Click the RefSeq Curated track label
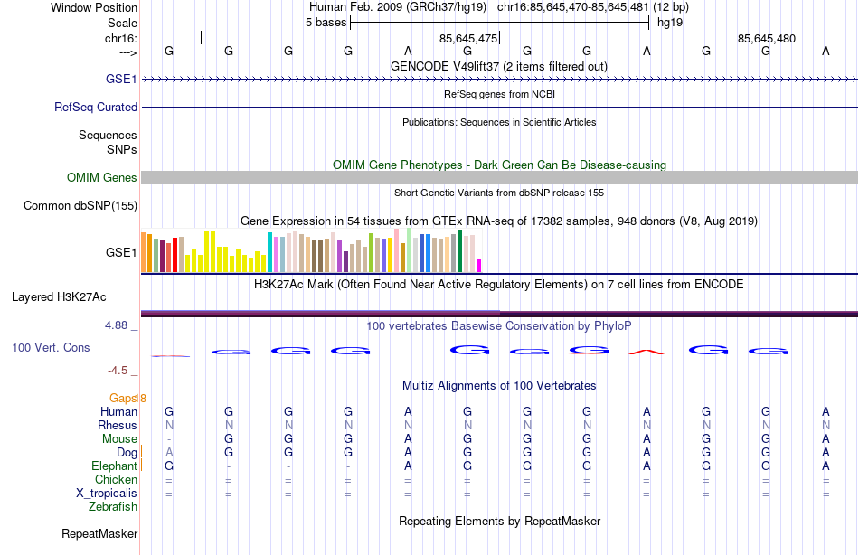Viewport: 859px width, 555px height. point(96,107)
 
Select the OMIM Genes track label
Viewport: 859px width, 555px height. point(101,178)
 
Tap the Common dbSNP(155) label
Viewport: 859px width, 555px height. point(80,206)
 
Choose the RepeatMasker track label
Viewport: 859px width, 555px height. point(99,534)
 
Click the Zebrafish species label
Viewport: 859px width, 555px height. point(113,507)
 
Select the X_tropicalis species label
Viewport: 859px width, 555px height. point(107,494)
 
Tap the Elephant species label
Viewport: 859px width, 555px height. point(115,466)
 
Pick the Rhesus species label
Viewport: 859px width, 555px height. point(118,426)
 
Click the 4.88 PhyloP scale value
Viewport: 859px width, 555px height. point(119,325)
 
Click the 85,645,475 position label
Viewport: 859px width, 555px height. point(468,38)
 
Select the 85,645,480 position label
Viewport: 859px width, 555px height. point(767,38)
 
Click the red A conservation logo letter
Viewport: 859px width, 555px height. point(647,351)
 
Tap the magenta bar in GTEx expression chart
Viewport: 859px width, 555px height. point(478,265)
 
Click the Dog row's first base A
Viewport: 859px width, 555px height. point(169,452)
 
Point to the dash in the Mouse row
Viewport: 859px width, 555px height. point(169,439)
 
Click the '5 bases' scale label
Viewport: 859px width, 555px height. point(326,22)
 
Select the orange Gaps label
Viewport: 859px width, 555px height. point(123,398)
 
